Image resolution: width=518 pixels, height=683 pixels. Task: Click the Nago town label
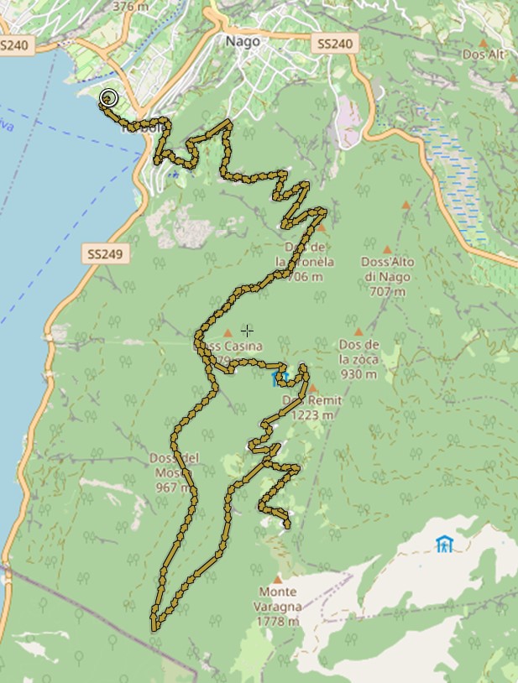coord(242,40)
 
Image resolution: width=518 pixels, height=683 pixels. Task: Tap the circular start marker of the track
coord(107,98)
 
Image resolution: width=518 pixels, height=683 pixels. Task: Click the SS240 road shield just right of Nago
coord(336,44)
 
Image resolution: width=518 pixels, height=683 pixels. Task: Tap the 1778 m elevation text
coord(280,621)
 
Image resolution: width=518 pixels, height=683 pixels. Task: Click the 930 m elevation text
coord(358,374)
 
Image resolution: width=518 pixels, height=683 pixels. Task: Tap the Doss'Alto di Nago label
coord(387,269)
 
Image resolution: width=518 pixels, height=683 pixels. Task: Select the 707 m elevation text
coord(387,291)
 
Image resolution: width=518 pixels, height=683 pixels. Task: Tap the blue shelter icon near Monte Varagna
coord(443,544)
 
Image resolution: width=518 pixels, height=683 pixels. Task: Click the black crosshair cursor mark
coord(247,331)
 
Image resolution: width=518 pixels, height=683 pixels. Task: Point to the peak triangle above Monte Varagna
coord(278,578)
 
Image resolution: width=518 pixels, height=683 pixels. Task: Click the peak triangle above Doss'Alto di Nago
coord(387,249)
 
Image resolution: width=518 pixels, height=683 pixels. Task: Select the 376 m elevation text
coord(123,6)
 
